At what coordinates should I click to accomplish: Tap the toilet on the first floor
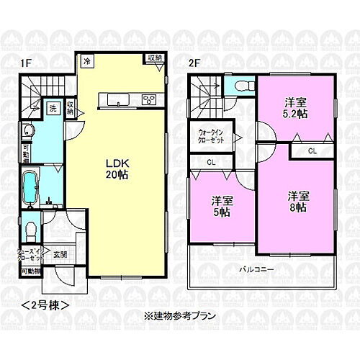tap(30, 230)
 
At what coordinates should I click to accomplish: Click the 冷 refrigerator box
tap(86, 60)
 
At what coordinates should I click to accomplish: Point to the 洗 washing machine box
tap(53, 109)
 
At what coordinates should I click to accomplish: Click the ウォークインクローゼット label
tap(211, 137)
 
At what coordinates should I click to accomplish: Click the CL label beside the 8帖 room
tap(312, 151)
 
